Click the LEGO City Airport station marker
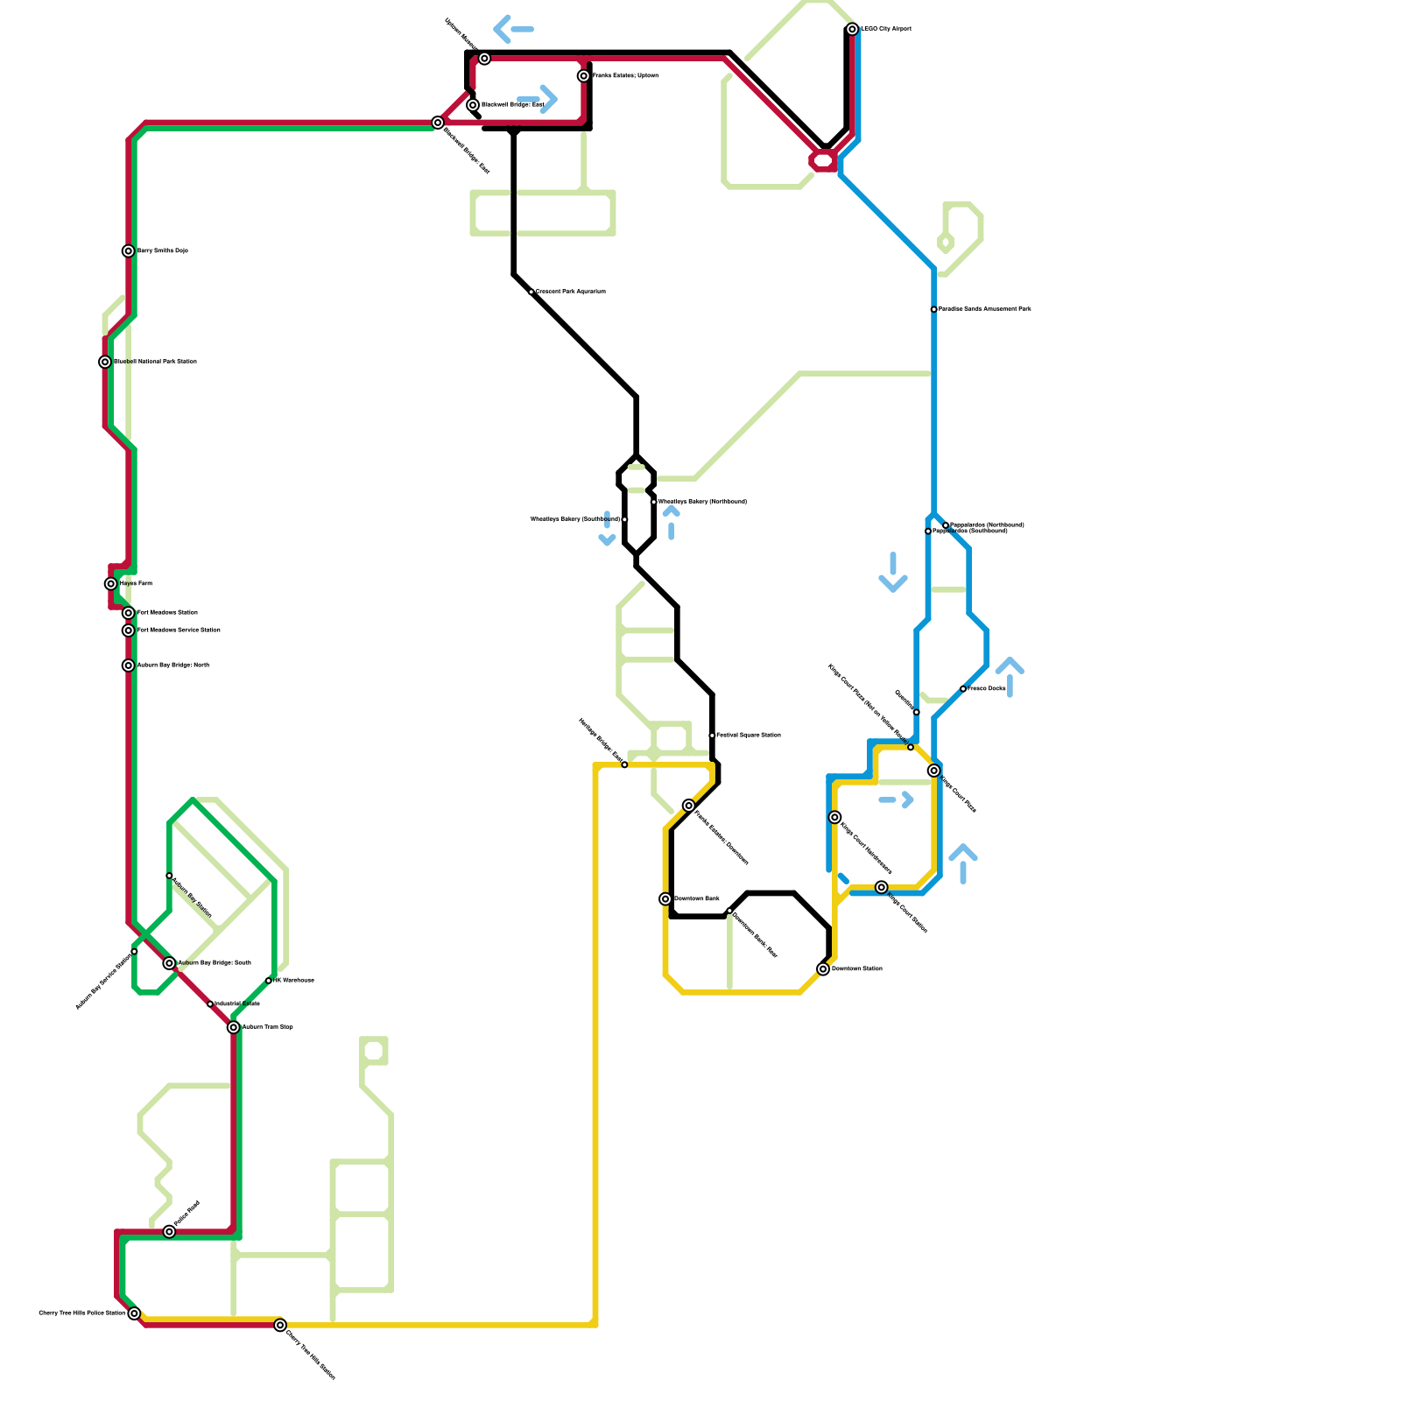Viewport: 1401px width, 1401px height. pyautogui.click(x=852, y=30)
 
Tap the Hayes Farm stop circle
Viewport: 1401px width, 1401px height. pyautogui.click(x=111, y=584)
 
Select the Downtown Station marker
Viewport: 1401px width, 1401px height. pyautogui.click(x=823, y=969)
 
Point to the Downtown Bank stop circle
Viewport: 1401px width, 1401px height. pyautogui.click(x=665, y=899)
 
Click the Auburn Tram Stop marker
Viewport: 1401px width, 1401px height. pyautogui.click(x=234, y=1027)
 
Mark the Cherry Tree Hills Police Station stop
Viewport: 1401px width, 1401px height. pyautogui.click(x=134, y=1313)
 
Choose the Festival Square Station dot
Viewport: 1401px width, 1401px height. pyautogui.click(x=712, y=736)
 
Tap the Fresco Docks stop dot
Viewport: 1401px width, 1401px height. pyautogui.click(x=963, y=689)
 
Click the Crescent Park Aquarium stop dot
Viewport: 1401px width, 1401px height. pyautogui.click(x=532, y=292)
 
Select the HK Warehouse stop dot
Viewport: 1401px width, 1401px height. pyautogui.click(x=269, y=981)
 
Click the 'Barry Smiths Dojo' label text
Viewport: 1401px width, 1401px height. pyautogui.click(x=163, y=251)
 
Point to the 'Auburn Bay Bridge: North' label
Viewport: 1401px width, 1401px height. pyautogui.click(x=173, y=665)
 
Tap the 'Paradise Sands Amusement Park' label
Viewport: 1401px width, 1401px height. pyautogui.click(x=985, y=309)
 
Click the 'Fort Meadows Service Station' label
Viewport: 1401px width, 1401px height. pyautogui.click(x=179, y=630)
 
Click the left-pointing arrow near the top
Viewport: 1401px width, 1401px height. pyautogui.click(x=513, y=30)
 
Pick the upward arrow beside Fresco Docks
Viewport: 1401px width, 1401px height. pyautogui.click(x=1010, y=676)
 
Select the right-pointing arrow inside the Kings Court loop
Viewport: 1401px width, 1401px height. pyautogui.click(x=897, y=799)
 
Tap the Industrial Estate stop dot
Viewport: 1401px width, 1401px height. pyautogui.click(x=210, y=1004)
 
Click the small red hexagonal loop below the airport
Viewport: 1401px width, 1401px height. pyautogui.click(x=824, y=160)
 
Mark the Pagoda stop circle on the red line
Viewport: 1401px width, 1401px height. pyautogui.click(x=169, y=1232)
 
